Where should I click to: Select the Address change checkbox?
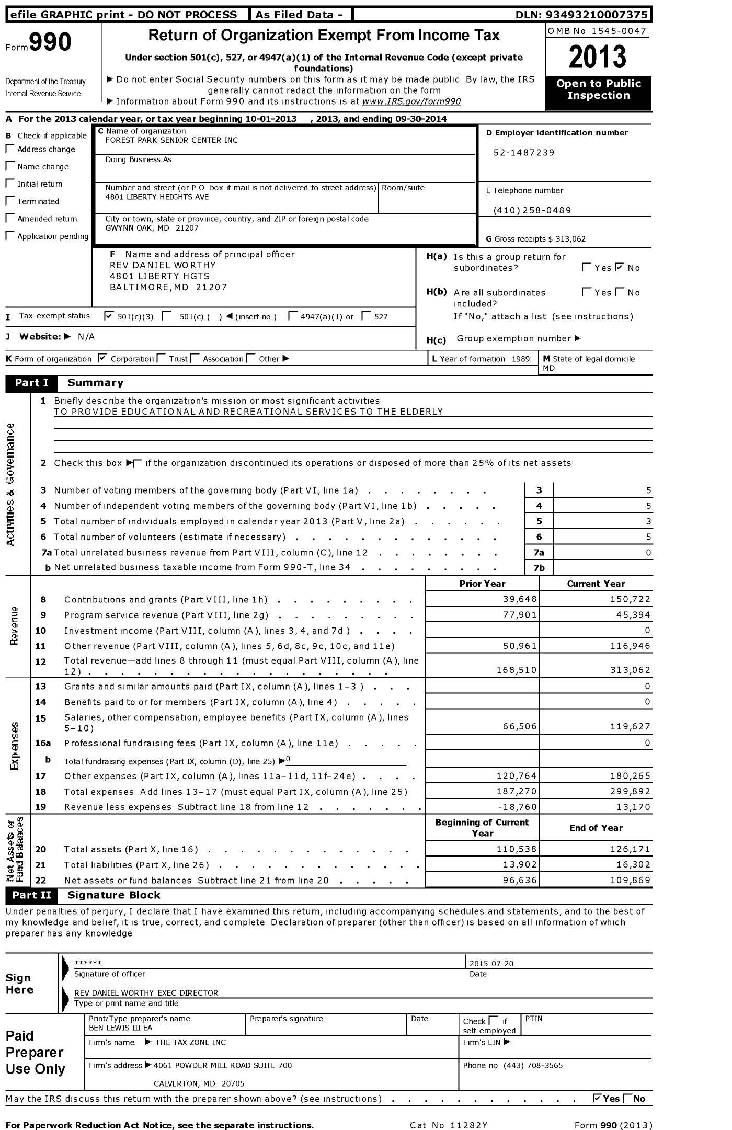10,149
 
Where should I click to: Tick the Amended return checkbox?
10,219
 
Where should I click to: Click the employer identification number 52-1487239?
524,153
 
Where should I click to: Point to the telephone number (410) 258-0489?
532,210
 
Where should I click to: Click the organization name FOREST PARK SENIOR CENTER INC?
171,140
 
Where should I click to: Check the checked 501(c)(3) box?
109,315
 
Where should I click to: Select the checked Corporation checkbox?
102,358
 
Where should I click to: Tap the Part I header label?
31,383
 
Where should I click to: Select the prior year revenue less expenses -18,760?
516,807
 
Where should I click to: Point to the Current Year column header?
596,584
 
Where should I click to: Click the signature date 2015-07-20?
491,963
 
